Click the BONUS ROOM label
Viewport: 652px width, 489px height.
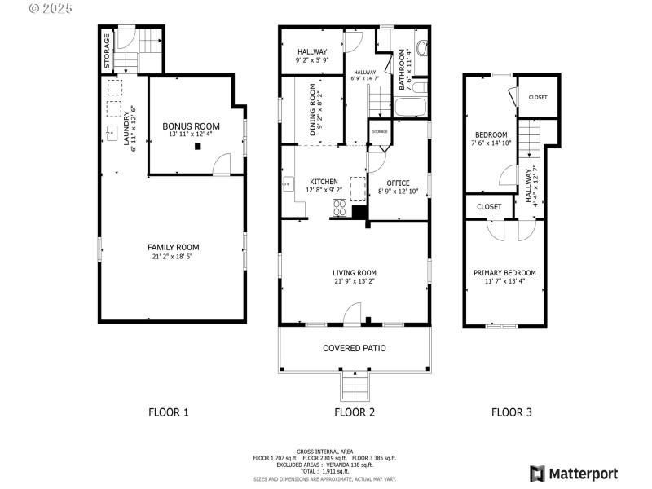coord(191,126)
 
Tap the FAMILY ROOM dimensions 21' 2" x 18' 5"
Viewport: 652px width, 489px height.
coord(172,257)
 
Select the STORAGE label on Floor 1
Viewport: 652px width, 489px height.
coord(107,50)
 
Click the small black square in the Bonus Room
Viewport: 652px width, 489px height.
coord(196,147)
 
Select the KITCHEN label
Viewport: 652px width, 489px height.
coord(324,182)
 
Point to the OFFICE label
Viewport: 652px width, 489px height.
coord(398,183)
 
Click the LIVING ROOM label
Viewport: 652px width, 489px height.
coord(354,273)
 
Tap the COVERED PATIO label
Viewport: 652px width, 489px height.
coord(354,348)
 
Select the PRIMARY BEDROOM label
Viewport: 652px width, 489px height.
coord(504,273)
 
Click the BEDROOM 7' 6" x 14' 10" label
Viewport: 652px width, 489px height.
coord(491,135)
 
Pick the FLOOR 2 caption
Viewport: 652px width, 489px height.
coord(355,412)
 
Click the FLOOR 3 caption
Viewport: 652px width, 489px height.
coord(511,412)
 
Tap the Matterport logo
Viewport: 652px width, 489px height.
coord(574,474)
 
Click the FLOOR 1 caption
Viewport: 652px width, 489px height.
coord(169,412)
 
